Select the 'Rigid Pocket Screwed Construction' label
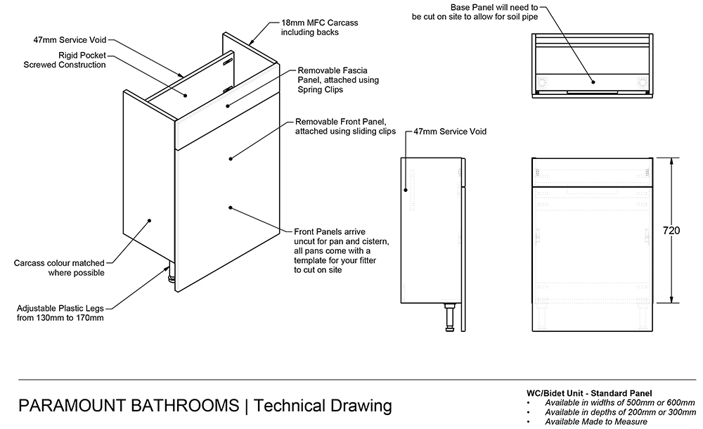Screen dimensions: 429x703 click(x=64, y=60)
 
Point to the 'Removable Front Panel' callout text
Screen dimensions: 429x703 click(x=345, y=126)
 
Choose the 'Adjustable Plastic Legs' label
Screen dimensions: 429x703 click(x=60, y=313)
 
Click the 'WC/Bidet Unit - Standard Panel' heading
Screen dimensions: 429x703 click(x=589, y=392)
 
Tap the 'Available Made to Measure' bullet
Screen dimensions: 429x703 click(x=596, y=422)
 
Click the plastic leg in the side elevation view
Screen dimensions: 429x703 click(x=449, y=317)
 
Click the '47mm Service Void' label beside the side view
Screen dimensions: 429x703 click(x=450, y=132)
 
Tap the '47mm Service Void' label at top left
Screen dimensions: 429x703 click(x=69, y=41)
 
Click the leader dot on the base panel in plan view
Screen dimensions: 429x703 click(x=593, y=82)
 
